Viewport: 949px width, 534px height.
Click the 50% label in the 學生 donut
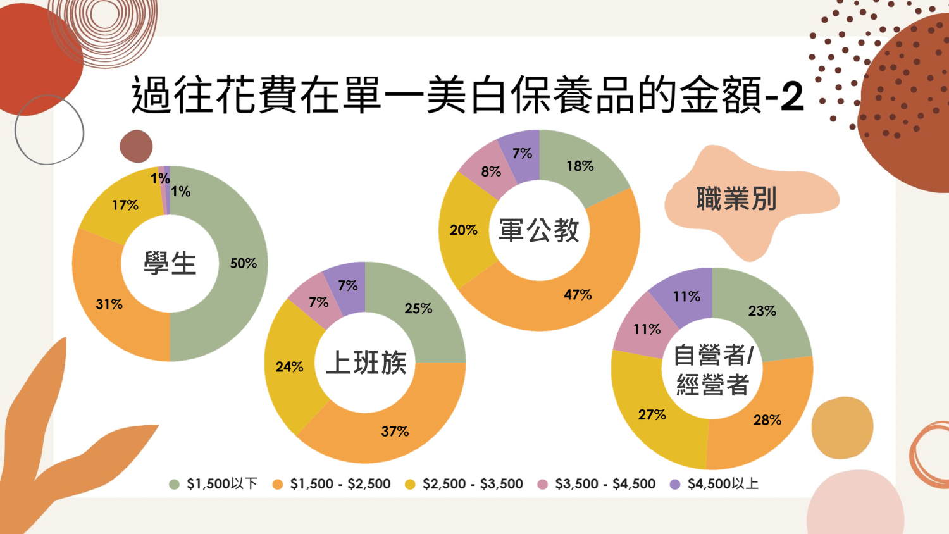(243, 263)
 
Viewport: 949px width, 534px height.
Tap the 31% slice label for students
(109, 304)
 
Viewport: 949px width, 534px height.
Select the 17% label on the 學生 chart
(125, 205)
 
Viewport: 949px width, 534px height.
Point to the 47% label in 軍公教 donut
(578, 294)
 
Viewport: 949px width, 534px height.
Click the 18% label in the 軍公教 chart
(580, 166)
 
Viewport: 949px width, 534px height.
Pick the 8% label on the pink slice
(491, 171)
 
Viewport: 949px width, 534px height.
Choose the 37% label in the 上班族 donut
(395, 431)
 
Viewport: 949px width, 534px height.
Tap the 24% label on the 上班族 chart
(289, 366)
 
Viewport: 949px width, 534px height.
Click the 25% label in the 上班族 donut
(418, 308)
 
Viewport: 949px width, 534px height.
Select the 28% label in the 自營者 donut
(767, 419)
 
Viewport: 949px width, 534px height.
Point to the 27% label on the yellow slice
(652, 414)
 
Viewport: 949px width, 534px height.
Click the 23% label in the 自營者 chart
(762, 311)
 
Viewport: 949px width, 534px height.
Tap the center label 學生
(170, 263)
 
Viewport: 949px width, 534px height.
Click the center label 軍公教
(539, 230)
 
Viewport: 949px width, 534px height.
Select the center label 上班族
(366, 363)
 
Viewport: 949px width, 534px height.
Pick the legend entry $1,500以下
(214, 483)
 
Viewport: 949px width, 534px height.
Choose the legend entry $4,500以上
(714, 483)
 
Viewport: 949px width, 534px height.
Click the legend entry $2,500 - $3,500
(464, 483)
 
